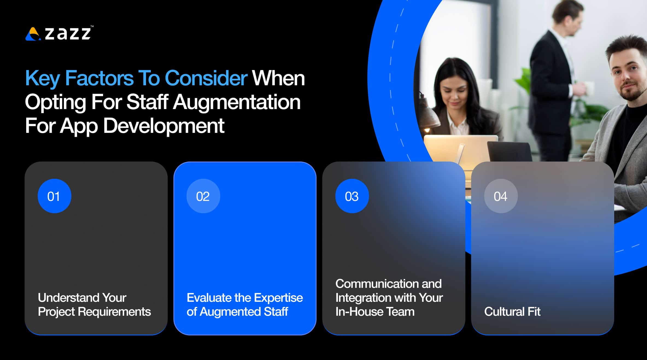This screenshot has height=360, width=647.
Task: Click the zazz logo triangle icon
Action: pos(33,34)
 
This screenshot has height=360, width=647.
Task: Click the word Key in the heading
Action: pos(42,78)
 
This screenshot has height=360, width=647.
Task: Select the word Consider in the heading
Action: pos(206,78)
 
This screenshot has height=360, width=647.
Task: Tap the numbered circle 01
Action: pos(54,196)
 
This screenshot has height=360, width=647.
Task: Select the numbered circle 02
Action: pos(203,196)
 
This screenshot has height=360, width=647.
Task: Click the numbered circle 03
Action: pos(352,196)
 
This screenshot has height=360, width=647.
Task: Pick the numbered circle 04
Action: pos(501,196)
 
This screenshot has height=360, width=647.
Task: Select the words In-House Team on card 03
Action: pos(375,312)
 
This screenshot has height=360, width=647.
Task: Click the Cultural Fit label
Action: pos(512,312)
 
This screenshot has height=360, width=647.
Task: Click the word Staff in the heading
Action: pos(147,102)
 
